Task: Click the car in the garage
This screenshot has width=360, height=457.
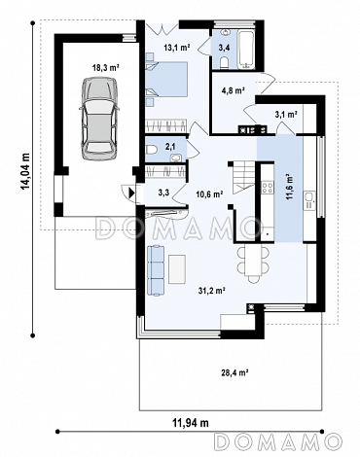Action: point(98,119)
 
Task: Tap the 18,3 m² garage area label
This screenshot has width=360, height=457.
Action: point(106,68)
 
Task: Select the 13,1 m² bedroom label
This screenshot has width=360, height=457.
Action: point(177,48)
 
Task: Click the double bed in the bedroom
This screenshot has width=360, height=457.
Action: point(166,80)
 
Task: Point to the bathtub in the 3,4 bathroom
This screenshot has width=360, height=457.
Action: point(247,50)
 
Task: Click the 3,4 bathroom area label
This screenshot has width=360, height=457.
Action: point(224,48)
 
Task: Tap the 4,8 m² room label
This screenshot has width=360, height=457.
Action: point(232,90)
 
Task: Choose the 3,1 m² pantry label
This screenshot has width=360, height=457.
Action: point(286,114)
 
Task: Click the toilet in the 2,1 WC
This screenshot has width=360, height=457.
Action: point(152,150)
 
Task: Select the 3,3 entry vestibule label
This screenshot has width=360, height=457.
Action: point(163,193)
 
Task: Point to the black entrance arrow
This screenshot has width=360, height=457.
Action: point(131,193)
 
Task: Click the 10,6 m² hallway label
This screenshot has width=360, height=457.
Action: point(209,194)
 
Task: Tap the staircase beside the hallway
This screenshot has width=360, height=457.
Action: point(243,178)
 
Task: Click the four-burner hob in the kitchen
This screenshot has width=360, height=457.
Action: point(268,188)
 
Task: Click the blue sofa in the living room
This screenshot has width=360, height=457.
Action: point(156,270)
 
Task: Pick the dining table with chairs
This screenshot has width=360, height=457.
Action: point(253,263)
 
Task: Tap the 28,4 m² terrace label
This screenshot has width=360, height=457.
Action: point(234,373)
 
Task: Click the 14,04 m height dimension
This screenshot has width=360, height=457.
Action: point(25,171)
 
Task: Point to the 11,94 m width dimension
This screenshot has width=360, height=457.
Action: point(190,423)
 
